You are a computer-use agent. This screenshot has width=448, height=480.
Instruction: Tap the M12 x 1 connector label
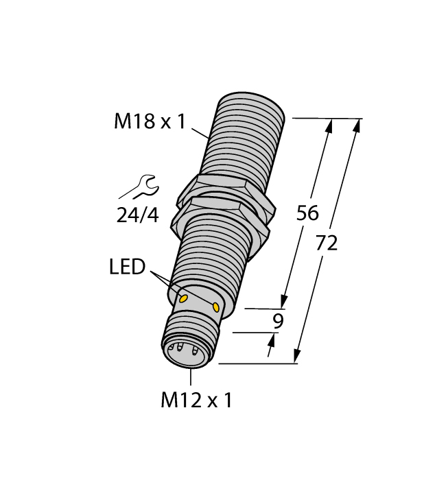[196, 400]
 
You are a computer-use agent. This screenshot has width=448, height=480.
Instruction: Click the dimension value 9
[276, 321]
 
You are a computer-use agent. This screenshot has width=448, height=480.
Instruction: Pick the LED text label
[127, 267]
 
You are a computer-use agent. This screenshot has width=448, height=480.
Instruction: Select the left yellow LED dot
[184, 298]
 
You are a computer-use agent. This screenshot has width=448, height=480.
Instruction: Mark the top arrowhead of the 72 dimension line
[356, 124]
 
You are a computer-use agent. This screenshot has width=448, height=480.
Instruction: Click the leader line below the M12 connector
[190, 377]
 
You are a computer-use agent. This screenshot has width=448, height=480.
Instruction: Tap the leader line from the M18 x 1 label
[199, 133]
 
